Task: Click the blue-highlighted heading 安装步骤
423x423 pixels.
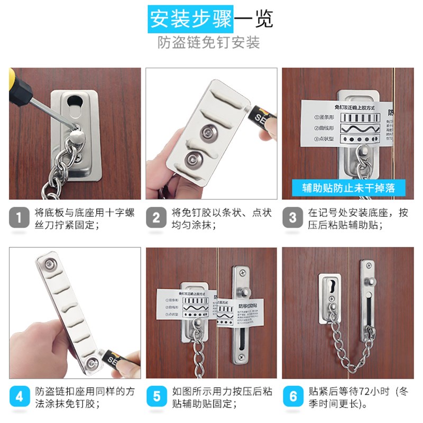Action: click(190, 20)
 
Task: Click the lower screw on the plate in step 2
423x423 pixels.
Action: click(192, 159)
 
